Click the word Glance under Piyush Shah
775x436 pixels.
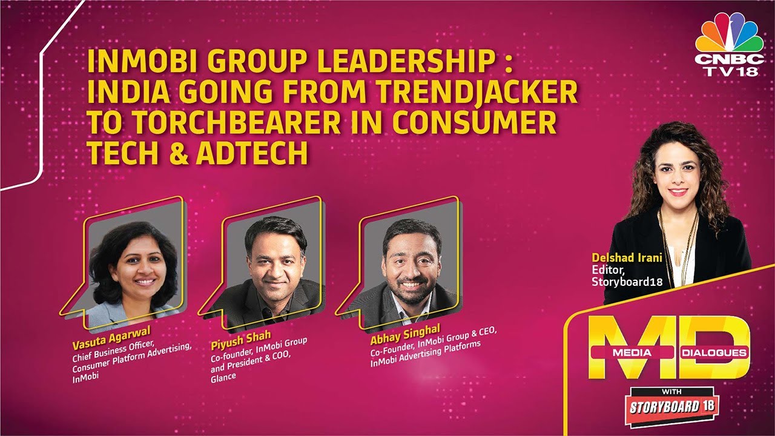click(x=223, y=377)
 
